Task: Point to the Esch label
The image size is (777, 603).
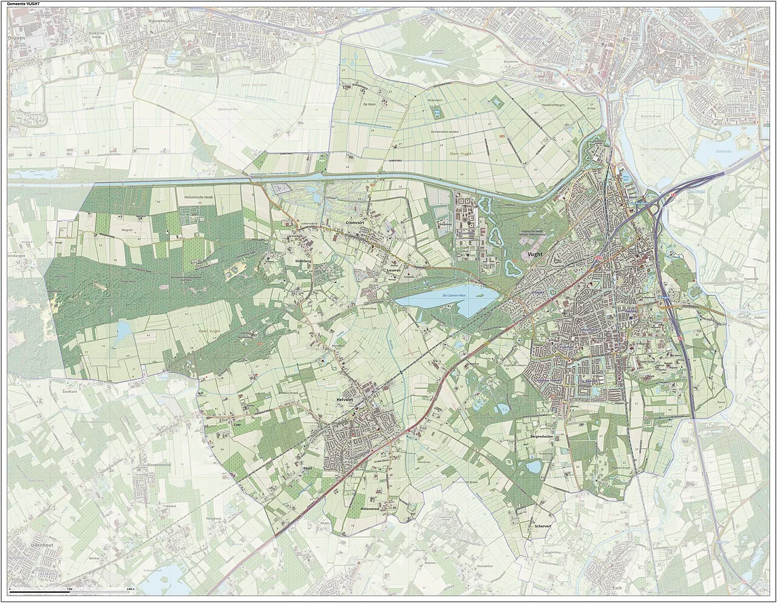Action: [618, 588]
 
